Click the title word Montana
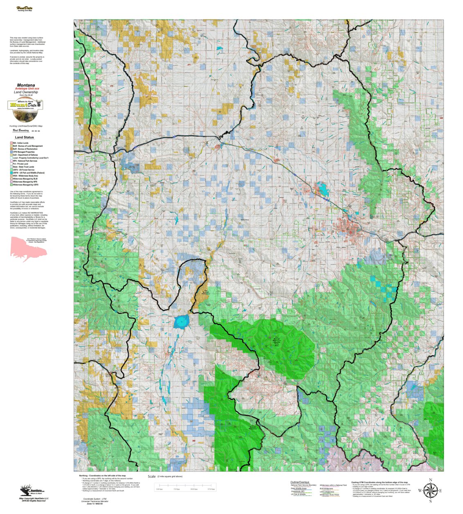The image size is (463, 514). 26,85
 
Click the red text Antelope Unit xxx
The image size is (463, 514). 27,89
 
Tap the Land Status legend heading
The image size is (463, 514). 24,137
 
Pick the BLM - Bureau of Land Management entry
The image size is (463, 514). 27,146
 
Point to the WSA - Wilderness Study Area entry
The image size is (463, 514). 25,176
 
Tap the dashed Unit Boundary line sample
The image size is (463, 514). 36,131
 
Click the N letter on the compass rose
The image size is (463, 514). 430,480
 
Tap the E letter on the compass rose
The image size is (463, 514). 440,491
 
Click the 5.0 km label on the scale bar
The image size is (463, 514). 177,489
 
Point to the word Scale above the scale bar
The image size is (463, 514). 152,476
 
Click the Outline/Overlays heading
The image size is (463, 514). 300,482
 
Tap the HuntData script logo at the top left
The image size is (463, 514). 25,9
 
